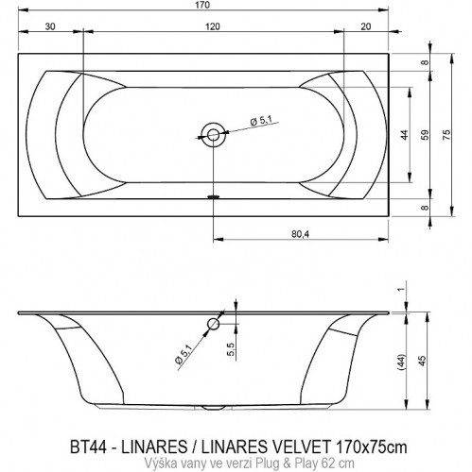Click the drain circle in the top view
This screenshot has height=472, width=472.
[214, 134]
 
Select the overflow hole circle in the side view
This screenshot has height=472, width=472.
[214, 324]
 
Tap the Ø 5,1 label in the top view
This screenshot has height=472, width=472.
[262, 120]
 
